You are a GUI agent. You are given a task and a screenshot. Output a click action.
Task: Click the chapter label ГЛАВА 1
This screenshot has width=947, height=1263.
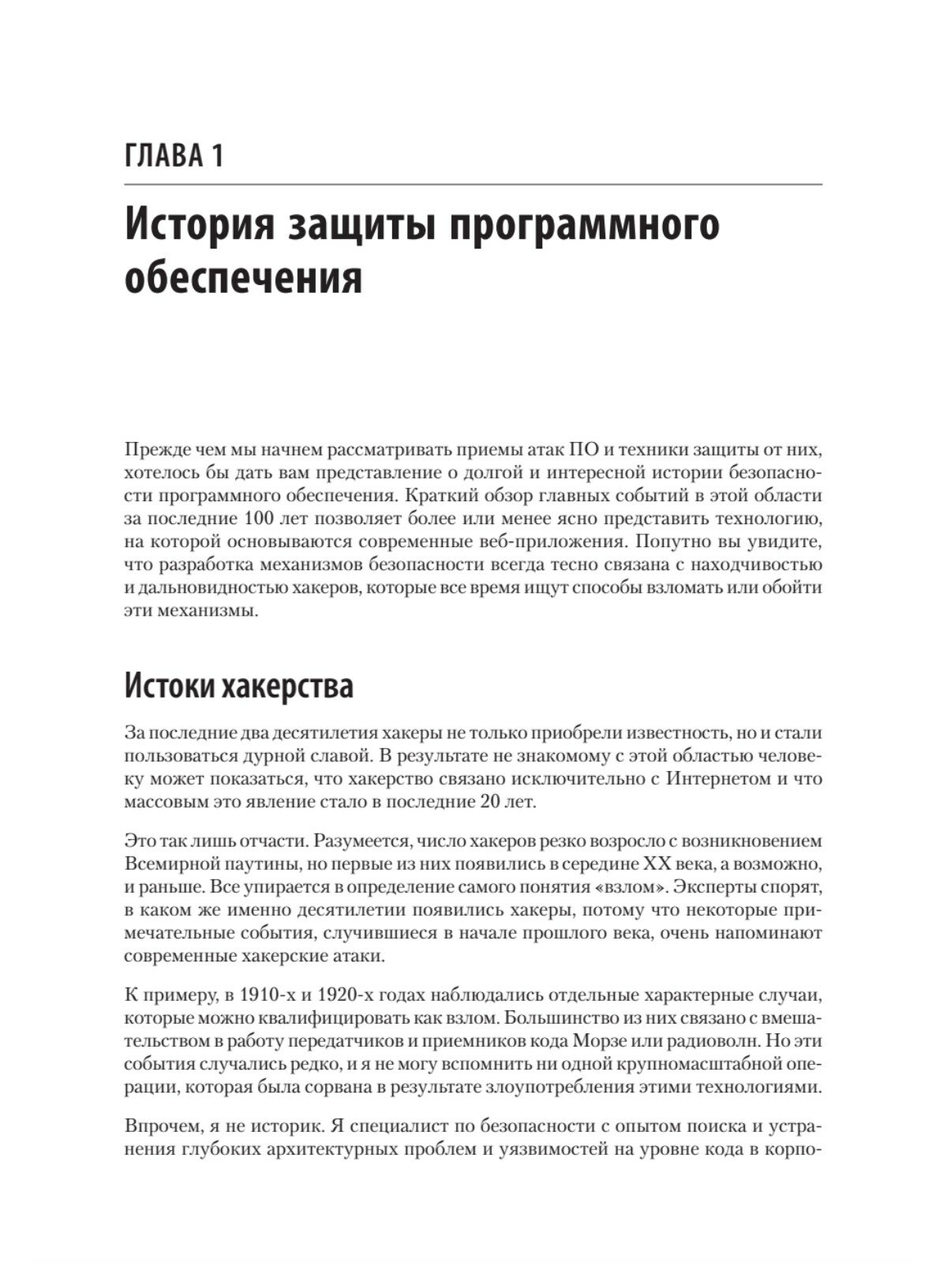pos(174,155)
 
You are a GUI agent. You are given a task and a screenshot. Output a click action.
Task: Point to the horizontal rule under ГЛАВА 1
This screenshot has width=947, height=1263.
pos(473,184)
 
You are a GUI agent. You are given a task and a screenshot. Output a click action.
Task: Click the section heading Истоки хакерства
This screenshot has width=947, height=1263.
pos(239,686)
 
